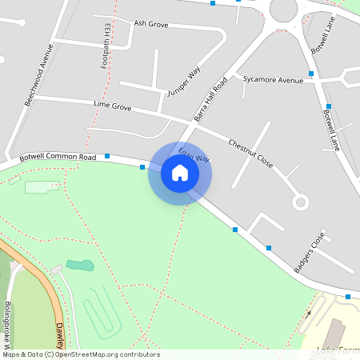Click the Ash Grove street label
click(x=150, y=25)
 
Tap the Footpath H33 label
click(x=106, y=46)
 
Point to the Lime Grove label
click(x=112, y=106)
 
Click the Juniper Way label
click(x=183, y=83)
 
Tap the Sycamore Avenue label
click(x=273, y=80)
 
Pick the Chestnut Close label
click(x=250, y=153)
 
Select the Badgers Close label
click(x=310, y=253)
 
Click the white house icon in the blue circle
click(x=180, y=173)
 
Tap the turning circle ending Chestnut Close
click(x=301, y=202)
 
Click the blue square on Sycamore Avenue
click(x=311, y=74)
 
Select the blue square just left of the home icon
click(x=142, y=167)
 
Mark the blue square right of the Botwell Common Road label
click(x=107, y=156)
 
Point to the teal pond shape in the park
click(x=79, y=264)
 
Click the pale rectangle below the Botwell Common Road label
click(x=42, y=187)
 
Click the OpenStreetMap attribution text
click(x=81, y=354)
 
